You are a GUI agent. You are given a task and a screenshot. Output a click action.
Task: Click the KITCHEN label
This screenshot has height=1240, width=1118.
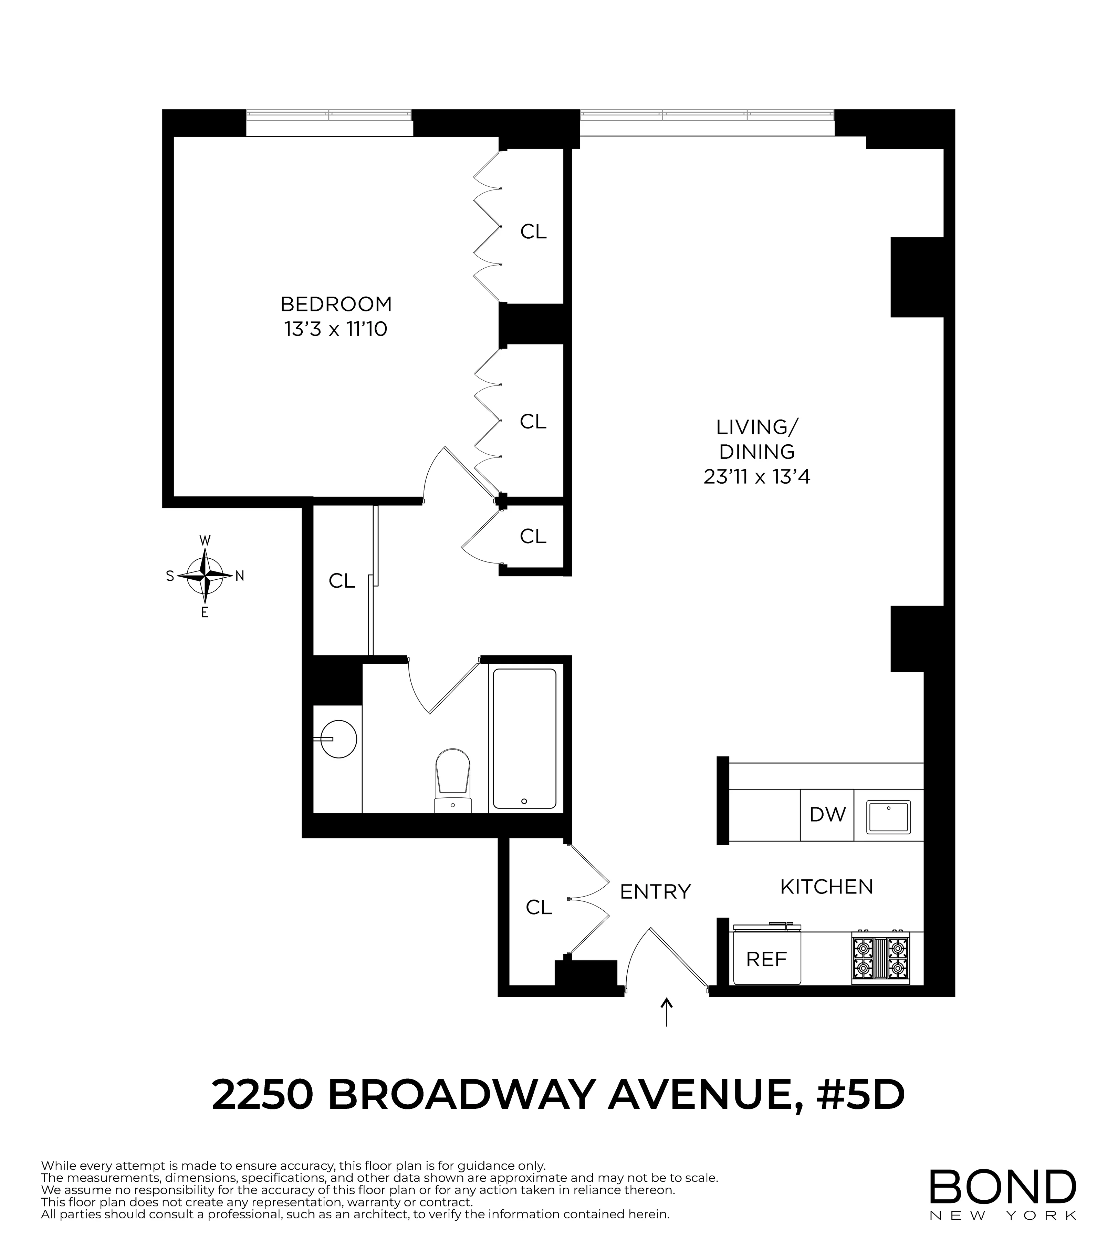point(826,887)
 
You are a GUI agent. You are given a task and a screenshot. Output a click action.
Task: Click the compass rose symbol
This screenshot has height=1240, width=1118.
point(205,576)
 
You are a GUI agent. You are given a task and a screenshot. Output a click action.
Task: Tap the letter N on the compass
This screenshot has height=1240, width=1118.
point(240,576)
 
